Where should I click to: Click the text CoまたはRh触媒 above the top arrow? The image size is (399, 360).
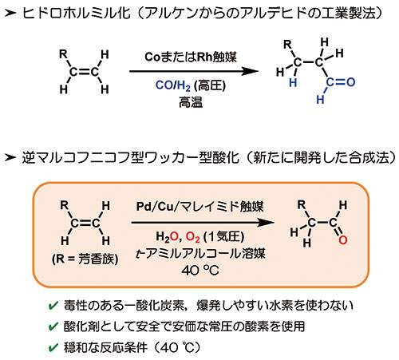pos(191,57)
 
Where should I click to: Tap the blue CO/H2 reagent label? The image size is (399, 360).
pos(173,85)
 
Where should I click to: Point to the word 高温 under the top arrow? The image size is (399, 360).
pos(191,102)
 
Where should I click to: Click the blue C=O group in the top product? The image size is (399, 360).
pos(341,82)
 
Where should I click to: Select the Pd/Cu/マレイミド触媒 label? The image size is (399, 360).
pos(199,207)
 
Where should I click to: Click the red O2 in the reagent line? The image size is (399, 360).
pos(192,237)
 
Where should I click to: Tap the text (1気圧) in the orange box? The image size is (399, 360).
pos(223,236)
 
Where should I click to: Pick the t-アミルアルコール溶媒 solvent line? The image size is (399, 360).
pos(200,253)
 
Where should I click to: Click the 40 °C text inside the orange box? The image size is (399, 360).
pos(200,271)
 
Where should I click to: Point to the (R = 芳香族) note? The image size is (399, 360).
pos(85,259)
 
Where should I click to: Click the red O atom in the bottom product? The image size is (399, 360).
pos(343,240)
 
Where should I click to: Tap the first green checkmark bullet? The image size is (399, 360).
pos(53,306)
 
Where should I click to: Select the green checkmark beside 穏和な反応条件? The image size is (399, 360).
pos(53,347)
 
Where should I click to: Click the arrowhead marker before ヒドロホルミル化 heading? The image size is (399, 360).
pos(10,13)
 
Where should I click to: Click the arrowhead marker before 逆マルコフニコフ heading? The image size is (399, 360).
pos(10,157)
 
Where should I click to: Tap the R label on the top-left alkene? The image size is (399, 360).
pos(63,54)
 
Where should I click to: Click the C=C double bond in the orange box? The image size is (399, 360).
pos(85,224)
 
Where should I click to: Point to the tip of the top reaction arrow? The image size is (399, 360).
pos(259,71)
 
